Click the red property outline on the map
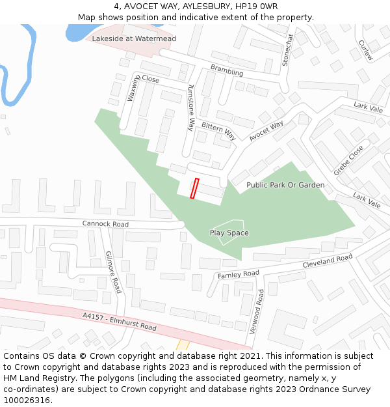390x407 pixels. tap(194, 188)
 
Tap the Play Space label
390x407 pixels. tap(229, 232)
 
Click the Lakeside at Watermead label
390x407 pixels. tap(134, 38)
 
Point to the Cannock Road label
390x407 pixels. tap(105, 224)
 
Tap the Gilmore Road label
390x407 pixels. tap(114, 272)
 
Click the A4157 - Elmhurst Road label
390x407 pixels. tap(120, 321)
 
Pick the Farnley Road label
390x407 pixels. tap(238, 274)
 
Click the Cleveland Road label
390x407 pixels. tap(328, 261)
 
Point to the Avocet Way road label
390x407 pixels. tap(266, 130)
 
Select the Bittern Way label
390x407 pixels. tap(218, 130)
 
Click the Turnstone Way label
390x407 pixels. tap(190, 107)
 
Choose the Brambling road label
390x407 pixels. tap(227, 70)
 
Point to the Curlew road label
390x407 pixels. tap(366, 49)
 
